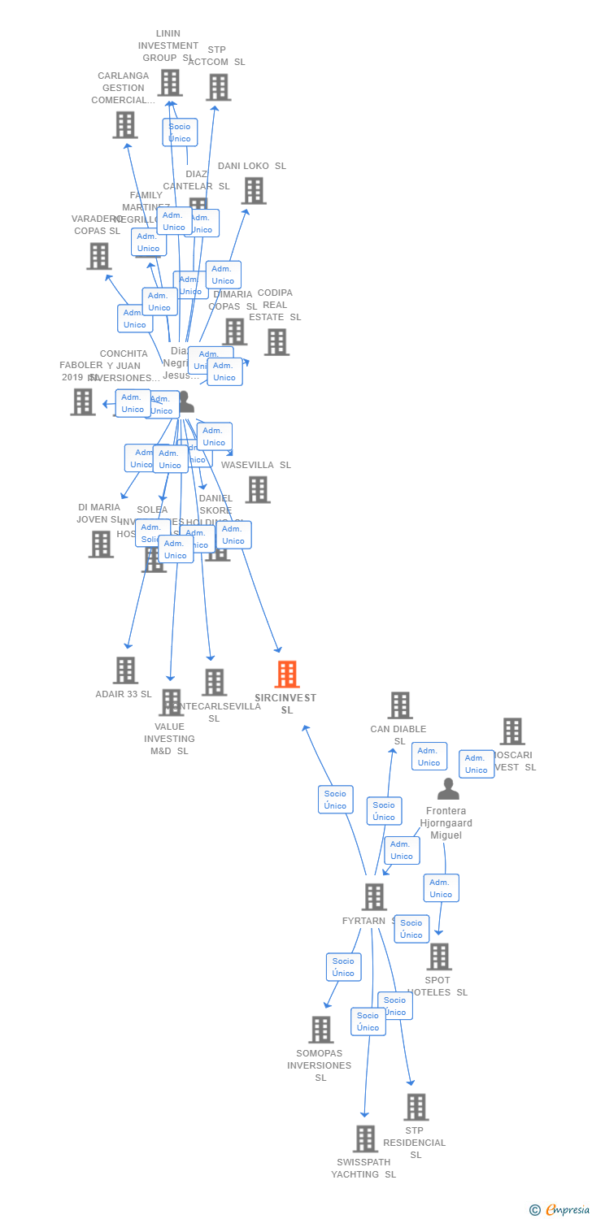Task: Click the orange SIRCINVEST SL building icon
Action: click(x=287, y=675)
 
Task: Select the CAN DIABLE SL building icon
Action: click(x=399, y=705)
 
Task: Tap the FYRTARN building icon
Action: click(x=373, y=897)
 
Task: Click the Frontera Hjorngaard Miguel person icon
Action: click(x=448, y=789)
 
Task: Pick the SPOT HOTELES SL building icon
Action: click(x=439, y=957)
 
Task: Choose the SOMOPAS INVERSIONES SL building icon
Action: click(x=321, y=1030)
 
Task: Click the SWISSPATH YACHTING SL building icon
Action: click(x=365, y=1139)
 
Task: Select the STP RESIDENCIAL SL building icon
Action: click(x=416, y=1107)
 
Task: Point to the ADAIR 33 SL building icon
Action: click(x=125, y=670)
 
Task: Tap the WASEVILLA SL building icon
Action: click(x=258, y=489)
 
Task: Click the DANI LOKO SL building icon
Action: click(x=254, y=191)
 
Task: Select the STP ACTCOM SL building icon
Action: click(x=218, y=88)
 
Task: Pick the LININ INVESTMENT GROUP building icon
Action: click(x=169, y=83)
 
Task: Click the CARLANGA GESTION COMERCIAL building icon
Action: click(x=124, y=125)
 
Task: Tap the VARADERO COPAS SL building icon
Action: click(x=98, y=256)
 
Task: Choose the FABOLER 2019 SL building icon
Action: click(x=82, y=401)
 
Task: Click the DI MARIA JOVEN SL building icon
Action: click(x=101, y=544)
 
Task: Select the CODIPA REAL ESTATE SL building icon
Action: click(x=276, y=342)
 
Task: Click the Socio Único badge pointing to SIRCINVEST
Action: click(x=335, y=799)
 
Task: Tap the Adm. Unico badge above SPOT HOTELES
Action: click(x=441, y=888)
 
